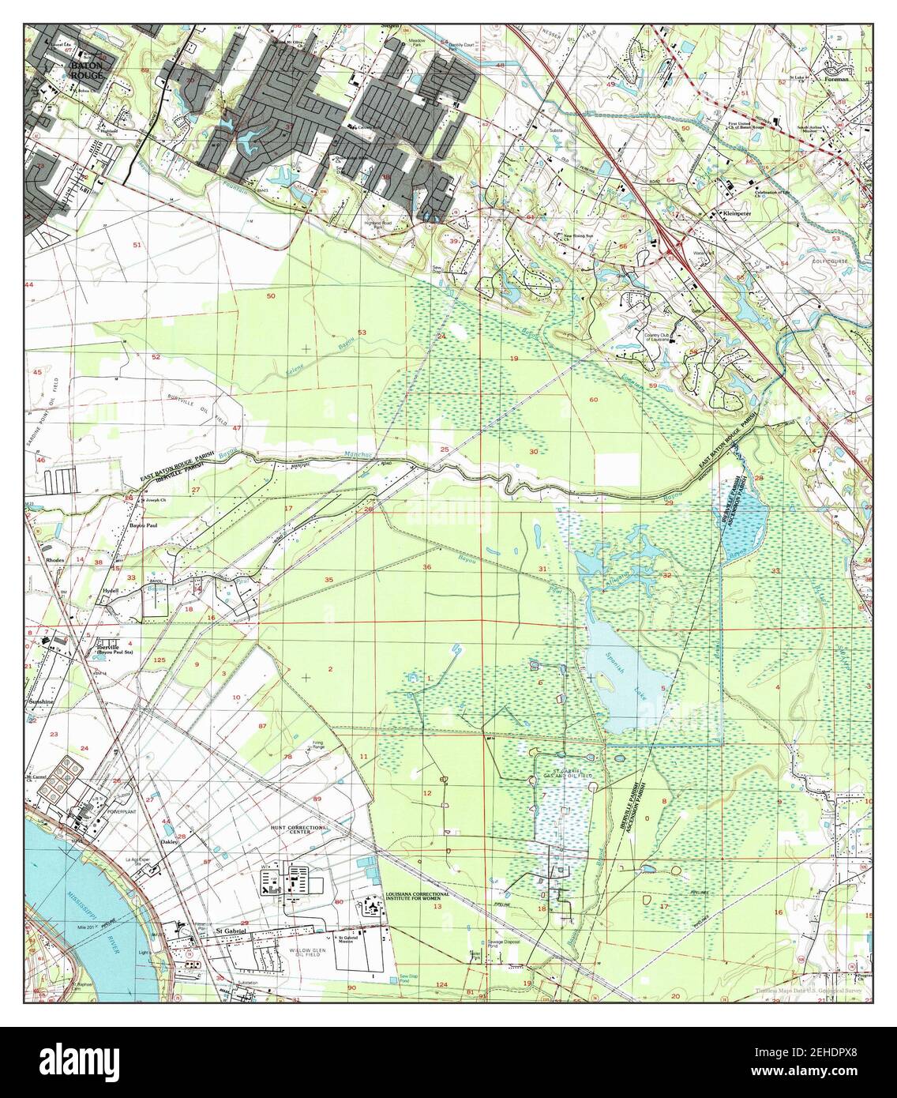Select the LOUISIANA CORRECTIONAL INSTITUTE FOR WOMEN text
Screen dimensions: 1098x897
point(417,897)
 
